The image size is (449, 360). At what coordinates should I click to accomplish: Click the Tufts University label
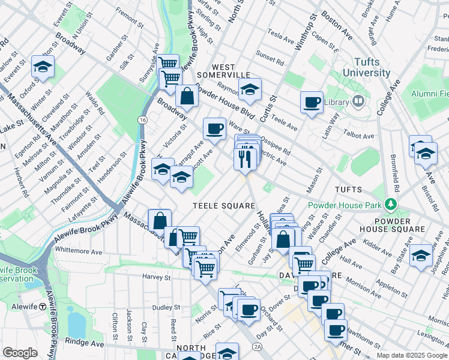point(367,67)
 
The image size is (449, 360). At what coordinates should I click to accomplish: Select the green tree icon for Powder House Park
point(392,205)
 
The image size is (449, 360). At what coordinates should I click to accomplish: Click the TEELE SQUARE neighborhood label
point(224,206)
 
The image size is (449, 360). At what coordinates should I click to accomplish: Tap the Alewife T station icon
point(43,306)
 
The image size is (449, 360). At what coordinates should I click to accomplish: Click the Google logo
point(20,353)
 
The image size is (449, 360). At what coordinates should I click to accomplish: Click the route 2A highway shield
point(258,346)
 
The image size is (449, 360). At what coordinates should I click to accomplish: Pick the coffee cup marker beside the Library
point(311,103)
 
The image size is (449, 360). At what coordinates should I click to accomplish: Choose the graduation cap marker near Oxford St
point(43,67)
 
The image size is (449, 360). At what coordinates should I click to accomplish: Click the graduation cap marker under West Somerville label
point(250,90)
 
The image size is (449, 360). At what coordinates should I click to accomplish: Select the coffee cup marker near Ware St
point(214,128)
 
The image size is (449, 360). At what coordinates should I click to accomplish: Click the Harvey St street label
point(157,277)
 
